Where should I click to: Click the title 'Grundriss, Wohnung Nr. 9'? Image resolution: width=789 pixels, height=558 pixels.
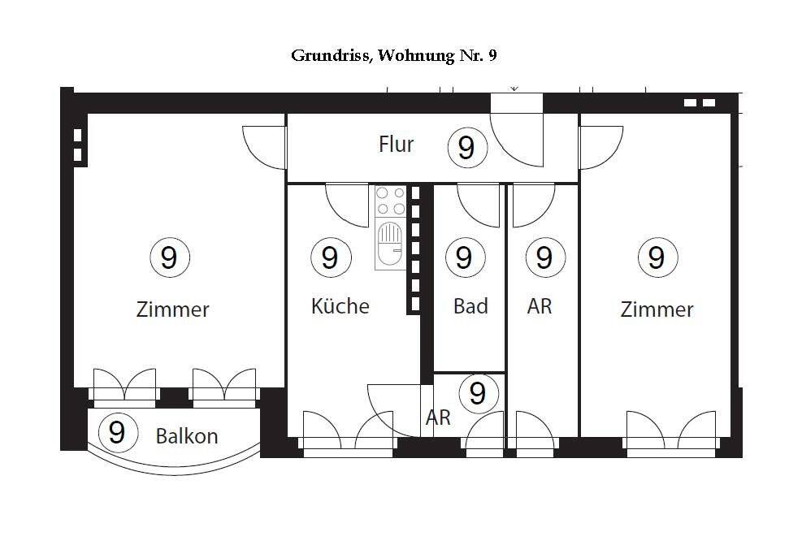point(393,55)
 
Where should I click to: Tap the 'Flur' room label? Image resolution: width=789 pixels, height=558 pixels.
point(396,145)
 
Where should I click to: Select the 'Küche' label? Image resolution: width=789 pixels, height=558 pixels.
point(340,306)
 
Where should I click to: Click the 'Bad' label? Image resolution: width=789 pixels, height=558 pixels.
point(470,306)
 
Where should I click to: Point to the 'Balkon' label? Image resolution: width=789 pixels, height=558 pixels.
point(187,436)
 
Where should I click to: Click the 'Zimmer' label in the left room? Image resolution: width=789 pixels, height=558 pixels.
point(172,309)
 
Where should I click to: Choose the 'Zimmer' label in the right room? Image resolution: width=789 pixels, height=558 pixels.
point(657,309)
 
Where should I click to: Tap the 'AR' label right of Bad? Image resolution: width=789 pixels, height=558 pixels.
point(540,306)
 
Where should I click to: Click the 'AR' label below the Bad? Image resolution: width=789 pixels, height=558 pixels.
point(438,418)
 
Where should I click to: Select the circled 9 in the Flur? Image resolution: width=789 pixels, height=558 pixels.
point(466,148)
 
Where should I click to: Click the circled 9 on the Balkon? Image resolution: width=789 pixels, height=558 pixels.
point(117,432)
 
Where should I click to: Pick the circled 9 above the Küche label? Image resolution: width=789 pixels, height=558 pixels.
point(329,257)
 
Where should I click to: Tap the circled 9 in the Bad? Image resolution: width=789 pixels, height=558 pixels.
point(464,257)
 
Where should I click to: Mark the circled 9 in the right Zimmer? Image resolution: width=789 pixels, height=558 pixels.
point(657,257)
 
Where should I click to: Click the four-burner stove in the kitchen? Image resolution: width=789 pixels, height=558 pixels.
point(390,201)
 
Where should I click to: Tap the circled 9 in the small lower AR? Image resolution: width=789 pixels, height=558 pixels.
point(478,393)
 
